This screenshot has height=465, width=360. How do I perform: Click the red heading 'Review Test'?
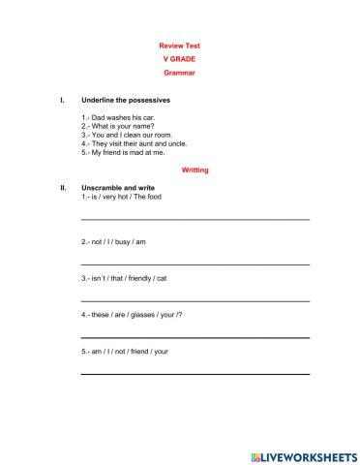click(179, 46)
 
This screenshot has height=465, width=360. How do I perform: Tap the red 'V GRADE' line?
click(179, 59)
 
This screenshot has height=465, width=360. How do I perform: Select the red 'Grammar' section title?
click(179, 73)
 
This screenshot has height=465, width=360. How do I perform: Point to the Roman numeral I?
click(62, 100)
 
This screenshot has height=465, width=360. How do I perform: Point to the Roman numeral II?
click(63, 187)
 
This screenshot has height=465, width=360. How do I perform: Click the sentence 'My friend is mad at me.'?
click(123, 152)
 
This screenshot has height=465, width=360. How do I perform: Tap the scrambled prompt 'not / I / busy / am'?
click(114, 240)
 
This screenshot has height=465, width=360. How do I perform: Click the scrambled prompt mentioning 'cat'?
click(124, 278)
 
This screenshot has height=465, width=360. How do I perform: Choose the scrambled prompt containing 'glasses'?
click(132, 315)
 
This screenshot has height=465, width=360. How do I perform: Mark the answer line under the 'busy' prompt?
click(195, 263)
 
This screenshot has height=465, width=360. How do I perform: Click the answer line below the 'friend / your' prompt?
click(195, 373)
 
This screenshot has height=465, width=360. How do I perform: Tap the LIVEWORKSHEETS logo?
click(303, 453)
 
